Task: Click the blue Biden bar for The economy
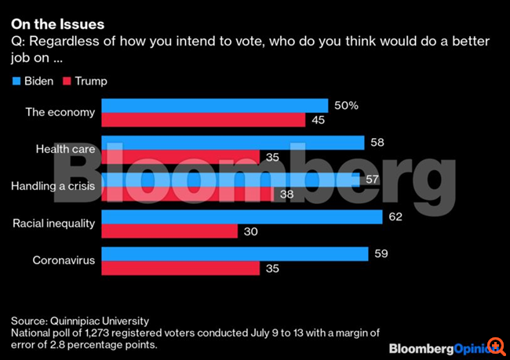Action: tap(214, 105)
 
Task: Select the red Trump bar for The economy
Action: tap(202, 119)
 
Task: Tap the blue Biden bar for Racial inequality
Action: tap(241, 216)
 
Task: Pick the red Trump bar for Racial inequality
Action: tap(169, 231)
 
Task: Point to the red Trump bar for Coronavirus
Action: tap(180, 268)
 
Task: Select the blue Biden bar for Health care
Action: tap(232, 142)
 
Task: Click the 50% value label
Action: tap(347, 105)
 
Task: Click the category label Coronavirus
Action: tap(64, 261)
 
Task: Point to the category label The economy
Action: tap(60, 112)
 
